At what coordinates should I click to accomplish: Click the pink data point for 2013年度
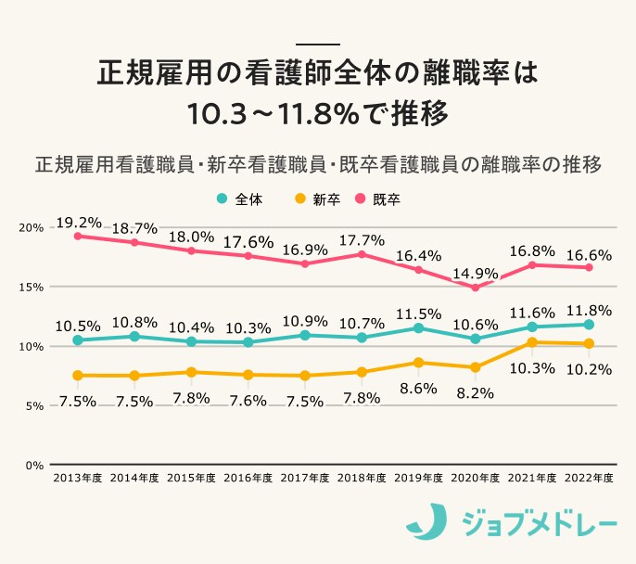tap(78, 236)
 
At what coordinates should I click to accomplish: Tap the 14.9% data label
tap(475, 273)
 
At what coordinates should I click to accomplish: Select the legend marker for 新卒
tap(299, 199)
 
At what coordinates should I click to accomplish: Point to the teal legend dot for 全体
tap(221, 199)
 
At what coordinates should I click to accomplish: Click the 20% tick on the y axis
tap(32, 228)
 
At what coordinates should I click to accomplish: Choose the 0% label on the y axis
tap(34, 465)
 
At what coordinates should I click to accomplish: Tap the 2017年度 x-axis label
tap(305, 479)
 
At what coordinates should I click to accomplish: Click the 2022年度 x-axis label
tap(589, 479)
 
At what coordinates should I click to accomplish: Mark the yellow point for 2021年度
tap(531, 342)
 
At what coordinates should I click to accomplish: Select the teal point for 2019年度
tap(418, 327)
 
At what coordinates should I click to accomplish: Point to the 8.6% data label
tap(418, 389)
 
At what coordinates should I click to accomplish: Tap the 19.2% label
tap(78, 223)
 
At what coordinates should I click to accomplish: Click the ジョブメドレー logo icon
tap(426, 521)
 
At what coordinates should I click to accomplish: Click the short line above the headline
tap(317, 45)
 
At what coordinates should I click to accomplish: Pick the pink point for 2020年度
tap(475, 288)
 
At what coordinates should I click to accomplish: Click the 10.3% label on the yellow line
tap(531, 368)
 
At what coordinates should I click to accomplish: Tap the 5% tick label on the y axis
tap(34, 405)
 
